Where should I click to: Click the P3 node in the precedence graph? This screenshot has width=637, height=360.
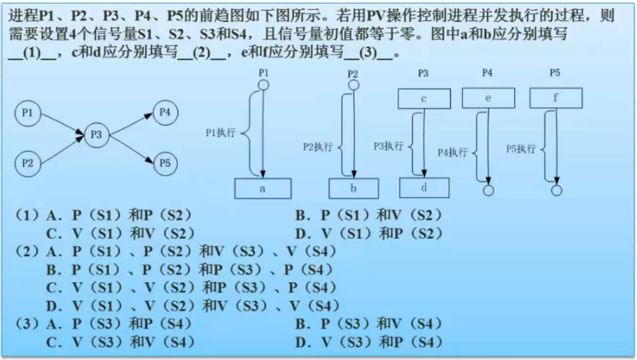point(96,134)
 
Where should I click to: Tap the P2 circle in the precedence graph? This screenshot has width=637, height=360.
point(27,162)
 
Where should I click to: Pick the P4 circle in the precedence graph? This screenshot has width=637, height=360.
point(165,113)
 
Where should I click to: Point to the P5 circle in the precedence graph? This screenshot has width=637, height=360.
point(165,162)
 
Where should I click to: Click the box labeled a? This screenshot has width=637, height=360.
point(263,189)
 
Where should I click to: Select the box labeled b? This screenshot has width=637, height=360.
point(354,189)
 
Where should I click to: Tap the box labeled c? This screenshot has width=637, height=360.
point(424,99)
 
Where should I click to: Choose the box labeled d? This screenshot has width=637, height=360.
point(424,188)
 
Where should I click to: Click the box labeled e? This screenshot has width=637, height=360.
point(488,98)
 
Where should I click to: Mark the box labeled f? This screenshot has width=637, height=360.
point(555,98)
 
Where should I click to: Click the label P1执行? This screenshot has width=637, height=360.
point(221,133)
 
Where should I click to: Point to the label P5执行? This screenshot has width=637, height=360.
point(520,149)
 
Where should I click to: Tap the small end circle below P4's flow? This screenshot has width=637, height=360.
point(488,190)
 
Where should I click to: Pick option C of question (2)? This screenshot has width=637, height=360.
point(190,287)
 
